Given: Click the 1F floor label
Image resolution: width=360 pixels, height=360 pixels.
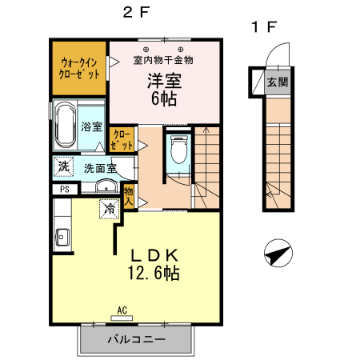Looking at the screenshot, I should pyautogui.click(x=265, y=26).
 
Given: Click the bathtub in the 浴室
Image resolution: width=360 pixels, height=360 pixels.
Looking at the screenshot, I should pyautogui.click(x=65, y=125).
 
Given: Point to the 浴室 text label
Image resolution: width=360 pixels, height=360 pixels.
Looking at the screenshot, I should pyautogui.click(x=92, y=127).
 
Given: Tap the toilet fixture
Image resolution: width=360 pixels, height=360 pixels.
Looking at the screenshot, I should pyautogui.click(x=178, y=150).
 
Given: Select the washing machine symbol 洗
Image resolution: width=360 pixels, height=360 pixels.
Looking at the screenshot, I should pyautogui.click(x=62, y=167).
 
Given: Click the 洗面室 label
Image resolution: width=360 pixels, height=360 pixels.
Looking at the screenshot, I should pyautogui.click(x=101, y=168).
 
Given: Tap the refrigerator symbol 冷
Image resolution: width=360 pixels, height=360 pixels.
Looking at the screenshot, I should pyautogui.click(x=108, y=208).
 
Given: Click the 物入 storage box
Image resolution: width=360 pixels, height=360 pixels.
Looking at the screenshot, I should pyautogui.click(x=127, y=195).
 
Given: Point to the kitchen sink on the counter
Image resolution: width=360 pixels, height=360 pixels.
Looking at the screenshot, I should pyautogui.click(x=62, y=237).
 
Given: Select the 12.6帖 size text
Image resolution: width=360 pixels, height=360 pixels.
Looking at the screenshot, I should pyautogui.click(x=153, y=274).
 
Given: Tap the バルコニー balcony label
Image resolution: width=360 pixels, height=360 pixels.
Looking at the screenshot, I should pyautogui.click(x=136, y=340).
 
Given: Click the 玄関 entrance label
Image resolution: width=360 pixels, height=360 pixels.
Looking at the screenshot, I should pyautogui.click(x=277, y=82).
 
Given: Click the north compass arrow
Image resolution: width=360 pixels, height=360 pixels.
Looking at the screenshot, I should pyautogui.click(x=276, y=254).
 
